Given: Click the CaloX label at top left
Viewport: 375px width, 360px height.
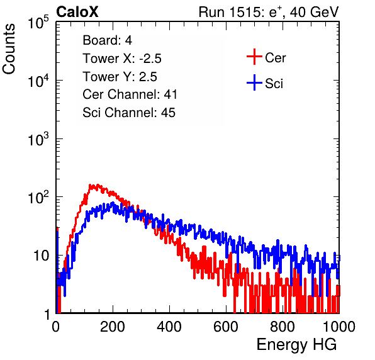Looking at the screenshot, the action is click(x=77, y=12).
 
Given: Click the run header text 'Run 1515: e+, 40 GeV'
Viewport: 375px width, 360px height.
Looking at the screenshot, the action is click(x=269, y=12).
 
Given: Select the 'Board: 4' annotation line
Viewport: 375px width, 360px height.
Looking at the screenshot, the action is click(x=107, y=40).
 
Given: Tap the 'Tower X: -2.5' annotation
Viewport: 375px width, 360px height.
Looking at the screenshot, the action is click(x=122, y=59).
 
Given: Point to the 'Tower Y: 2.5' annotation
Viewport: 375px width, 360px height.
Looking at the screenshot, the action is click(x=120, y=77).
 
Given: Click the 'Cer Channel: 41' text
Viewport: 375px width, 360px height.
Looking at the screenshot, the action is click(x=130, y=94).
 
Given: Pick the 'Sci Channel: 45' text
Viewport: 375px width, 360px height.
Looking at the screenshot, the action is click(x=129, y=113).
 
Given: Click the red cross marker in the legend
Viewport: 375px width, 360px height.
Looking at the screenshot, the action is click(x=254, y=57).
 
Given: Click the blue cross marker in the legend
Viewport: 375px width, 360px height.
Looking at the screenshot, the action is click(x=254, y=83).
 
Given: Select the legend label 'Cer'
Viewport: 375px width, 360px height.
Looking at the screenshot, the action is click(x=275, y=58).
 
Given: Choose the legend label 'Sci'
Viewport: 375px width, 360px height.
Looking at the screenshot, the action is click(x=274, y=84).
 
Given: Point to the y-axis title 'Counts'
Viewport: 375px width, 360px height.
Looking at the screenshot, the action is click(x=9, y=49).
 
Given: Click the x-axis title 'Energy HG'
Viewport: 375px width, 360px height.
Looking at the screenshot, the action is click(x=296, y=345).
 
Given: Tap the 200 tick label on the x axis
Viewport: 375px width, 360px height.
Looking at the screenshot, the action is click(x=113, y=327).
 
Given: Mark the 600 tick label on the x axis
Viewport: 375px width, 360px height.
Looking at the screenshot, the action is click(x=226, y=327).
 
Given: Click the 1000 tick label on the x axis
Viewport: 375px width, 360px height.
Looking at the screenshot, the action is click(x=339, y=327).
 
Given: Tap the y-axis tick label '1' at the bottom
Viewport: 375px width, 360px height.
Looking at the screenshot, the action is click(x=47, y=314).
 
